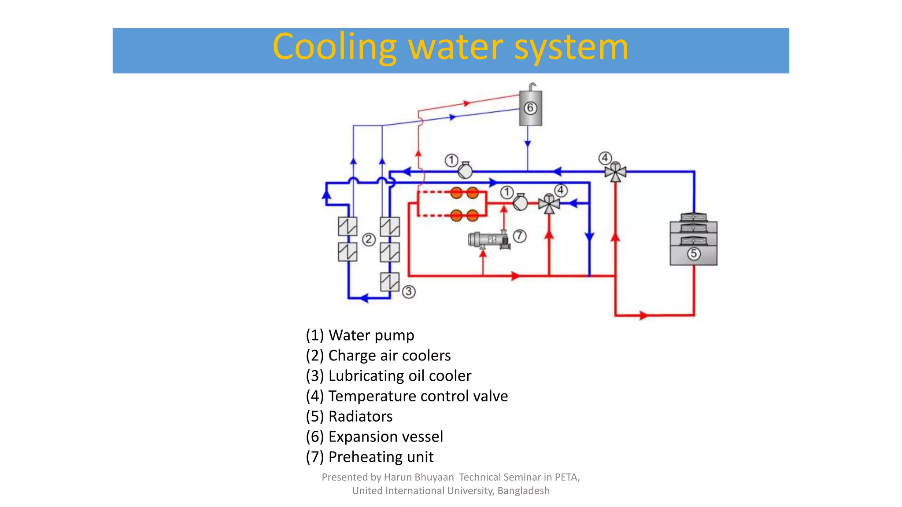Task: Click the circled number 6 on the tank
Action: (530, 108)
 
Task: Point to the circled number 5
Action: (694, 253)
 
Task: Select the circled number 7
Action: (520, 236)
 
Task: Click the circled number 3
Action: (409, 291)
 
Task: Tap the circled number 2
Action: (369, 239)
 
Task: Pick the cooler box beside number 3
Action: (390, 282)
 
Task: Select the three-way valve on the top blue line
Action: (615, 172)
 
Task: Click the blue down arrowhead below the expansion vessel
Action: (528, 143)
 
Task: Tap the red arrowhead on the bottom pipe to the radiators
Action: (643, 315)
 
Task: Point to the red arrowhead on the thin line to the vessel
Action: (467, 103)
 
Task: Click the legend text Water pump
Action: (371, 335)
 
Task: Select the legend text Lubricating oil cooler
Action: (399, 376)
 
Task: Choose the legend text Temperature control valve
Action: (418, 396)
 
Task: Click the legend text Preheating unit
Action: (381, 457)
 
